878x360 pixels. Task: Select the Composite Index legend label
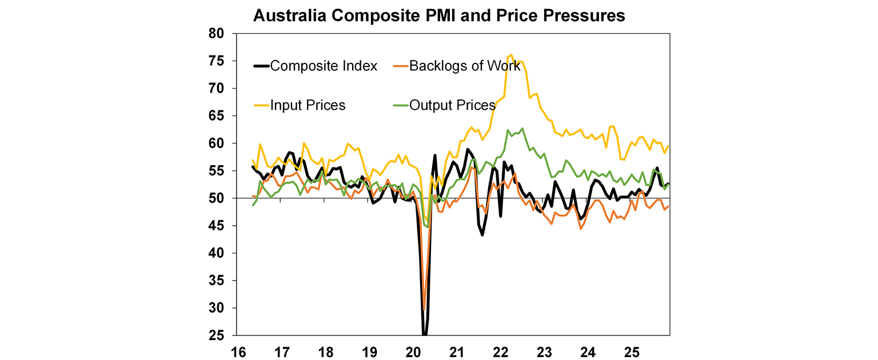pyautogui.click(x=324, y=66)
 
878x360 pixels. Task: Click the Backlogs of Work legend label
pyautogui.click(x=465, y=66)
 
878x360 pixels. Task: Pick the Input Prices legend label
pyautogui.click(x=308, y=105)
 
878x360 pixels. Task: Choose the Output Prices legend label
pyautogui.click(x=452, y=105)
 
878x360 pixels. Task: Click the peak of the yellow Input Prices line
pyautogui.click(x=511, y=55)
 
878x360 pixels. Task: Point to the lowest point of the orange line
pyautogui.click(x=424, y=310)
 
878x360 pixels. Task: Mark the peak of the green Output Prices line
pyautogui.click(x=522, y=128)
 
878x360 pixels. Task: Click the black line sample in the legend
pyautogui.click(x=261, y=66)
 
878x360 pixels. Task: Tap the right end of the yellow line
pyautogui.click(x=669, y=146)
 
